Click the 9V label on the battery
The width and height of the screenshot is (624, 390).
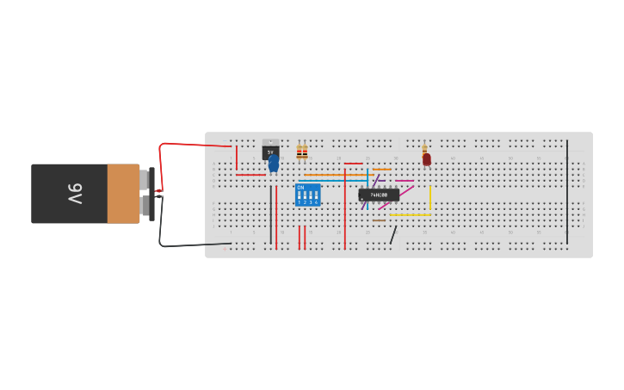coord(74,194)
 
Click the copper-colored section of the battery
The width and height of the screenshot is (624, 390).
coord(123,194)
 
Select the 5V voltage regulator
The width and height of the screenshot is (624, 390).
coord(270,151)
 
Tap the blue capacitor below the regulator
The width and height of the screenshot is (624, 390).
coord(274,163)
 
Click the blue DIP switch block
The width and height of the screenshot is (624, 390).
coord(307,195)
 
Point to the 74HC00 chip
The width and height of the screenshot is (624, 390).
coord(379,195)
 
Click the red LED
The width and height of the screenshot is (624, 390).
coord(426,158)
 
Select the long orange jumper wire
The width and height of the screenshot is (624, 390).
coord(336,175)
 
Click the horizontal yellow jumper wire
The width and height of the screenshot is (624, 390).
coord(410,215)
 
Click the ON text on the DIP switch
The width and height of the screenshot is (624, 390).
coord(300,187)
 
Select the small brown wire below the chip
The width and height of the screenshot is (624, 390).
coord(379,220)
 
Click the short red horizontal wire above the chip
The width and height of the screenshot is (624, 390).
coord(353,164)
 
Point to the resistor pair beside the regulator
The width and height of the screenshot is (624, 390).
coord(301,152)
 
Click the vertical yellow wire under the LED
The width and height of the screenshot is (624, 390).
coord(430,198)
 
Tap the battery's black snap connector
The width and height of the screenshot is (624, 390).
coord(152,194)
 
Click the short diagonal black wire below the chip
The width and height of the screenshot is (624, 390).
coord(393,235)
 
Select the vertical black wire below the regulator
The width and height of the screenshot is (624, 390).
coord(271,215)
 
